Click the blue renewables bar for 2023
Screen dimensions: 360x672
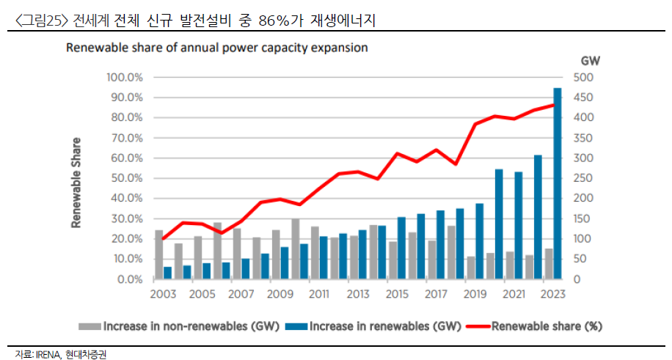click(558, 183)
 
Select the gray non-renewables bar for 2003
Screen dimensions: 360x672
click(158, 254)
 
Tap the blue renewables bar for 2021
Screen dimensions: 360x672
click(519, 225)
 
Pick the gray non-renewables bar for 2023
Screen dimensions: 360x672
click(549, 264)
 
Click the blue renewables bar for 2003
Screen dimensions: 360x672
click(168, 273)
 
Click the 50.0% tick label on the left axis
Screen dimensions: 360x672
click(126, 178)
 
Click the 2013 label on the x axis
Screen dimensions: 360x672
click(357, 294)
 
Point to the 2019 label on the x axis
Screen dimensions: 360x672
click(476, 294)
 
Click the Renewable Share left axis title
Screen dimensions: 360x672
click(76, 183)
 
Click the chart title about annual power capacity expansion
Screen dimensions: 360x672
click(217, 48)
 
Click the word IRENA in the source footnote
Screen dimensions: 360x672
click(47, 353)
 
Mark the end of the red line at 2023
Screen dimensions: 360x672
click(553, 105)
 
